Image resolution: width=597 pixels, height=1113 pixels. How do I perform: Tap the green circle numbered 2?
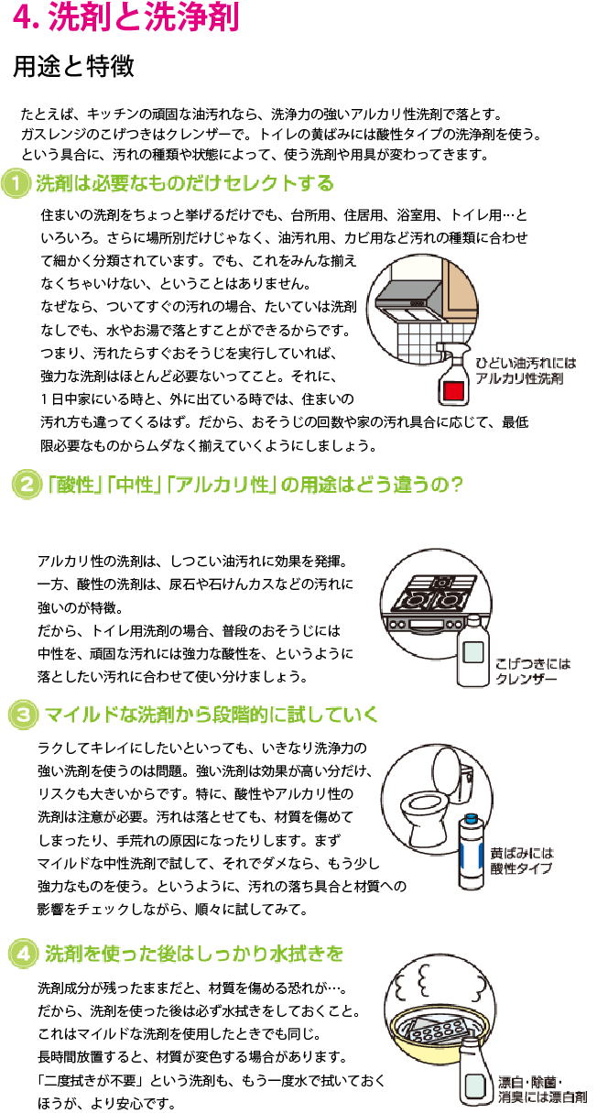click(x=27, y=486)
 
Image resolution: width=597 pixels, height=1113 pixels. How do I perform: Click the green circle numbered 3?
click(x=22, y=714)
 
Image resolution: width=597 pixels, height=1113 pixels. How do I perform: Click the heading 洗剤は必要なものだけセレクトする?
click(x=184, y=185)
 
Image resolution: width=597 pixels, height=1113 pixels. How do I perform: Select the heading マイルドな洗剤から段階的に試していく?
click(x=211, y=714)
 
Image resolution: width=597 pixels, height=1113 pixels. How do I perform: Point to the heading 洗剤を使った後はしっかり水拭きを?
click(x=193, y=954)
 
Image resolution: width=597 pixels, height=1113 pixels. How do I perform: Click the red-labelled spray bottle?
click(x=450, y=378)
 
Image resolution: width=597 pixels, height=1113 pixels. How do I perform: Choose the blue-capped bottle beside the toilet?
click(x=472, y=852)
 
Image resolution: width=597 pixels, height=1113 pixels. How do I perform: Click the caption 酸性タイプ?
click(x=523, y=867)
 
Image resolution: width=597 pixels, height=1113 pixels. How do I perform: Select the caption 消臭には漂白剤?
click(x=542, y=1096)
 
